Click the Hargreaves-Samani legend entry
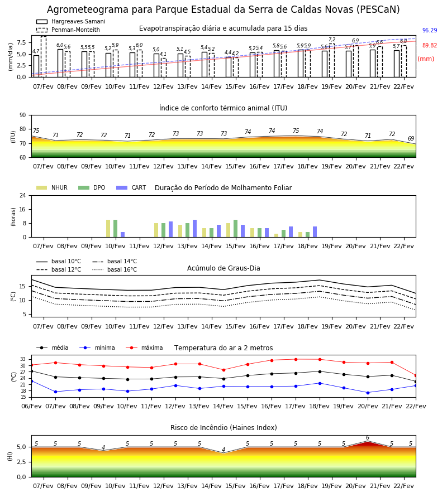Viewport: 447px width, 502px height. pos(70,21)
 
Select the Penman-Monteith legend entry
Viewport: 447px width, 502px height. pos(68,30)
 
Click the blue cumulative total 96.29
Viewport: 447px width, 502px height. pos(430,31)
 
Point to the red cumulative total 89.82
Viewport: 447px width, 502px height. pos(430,46)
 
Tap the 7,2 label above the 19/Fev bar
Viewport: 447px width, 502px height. pos(332,40)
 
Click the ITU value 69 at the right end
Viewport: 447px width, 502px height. pos(411,139)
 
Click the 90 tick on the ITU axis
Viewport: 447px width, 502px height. pos(22,115)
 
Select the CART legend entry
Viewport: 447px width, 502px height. pos(131,187)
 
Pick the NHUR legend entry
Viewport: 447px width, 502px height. pos(52,187)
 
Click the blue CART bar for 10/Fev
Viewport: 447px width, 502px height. pos(122,235)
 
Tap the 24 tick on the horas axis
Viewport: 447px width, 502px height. pos(23,195)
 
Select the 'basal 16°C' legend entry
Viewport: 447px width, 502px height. pos(115,270)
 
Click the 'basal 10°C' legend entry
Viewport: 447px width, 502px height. pos(59,262)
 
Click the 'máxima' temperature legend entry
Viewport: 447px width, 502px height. pos(144,347)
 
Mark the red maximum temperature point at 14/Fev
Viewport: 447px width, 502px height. pos(224,370)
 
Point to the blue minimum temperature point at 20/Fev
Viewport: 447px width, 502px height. pos(368,393)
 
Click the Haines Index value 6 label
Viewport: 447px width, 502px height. pos(368,438)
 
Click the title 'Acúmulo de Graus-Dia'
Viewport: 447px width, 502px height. pos(223,268)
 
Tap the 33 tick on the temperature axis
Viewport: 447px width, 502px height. pos(23,359)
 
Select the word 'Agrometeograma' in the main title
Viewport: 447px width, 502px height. pos(83,10)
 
